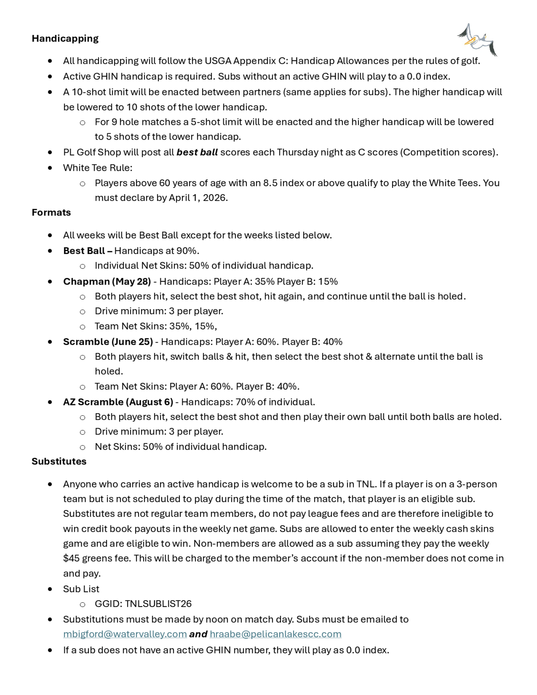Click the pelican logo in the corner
click(x=477, y=40)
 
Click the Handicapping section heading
click(x=65, y=38)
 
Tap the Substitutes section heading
click(x=59, y=461)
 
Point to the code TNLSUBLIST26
click(x=158, y=604)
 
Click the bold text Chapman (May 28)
click(x=107, y=281)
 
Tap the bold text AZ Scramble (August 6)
click(x=118, y=402)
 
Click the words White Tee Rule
click(x=97, y=168)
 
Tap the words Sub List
click(x=81, y=589)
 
